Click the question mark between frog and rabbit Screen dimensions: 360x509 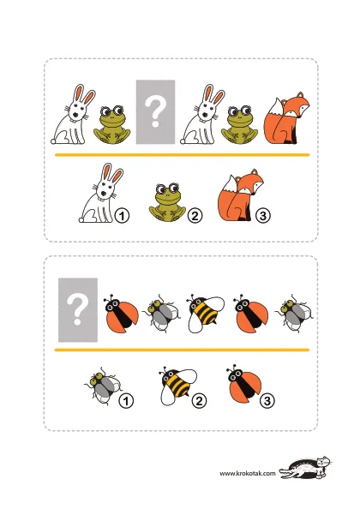155,112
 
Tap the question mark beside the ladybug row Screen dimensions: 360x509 77,309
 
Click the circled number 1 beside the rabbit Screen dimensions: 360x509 122,216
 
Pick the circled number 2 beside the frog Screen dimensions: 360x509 195,216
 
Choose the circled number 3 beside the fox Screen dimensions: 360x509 263,215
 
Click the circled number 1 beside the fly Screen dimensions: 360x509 126,401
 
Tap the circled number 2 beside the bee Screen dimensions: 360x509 199,401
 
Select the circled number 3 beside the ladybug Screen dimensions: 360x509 267,401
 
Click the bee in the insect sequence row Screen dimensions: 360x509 205,313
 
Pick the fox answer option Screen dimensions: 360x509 239,195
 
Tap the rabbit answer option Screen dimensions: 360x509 100,194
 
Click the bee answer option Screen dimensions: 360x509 177,386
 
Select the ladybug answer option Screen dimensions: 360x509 244,384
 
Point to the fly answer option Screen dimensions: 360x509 103,386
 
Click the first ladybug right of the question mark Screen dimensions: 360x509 121,314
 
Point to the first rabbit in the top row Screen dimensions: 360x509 74,115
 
